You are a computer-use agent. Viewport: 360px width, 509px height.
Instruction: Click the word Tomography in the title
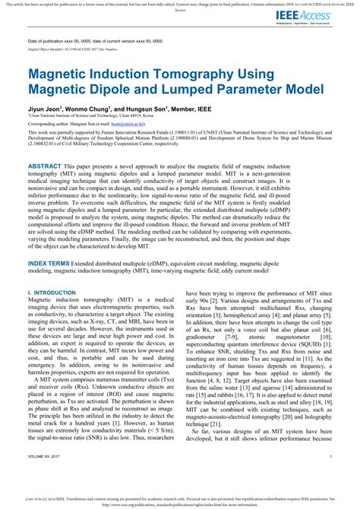pos(201,76)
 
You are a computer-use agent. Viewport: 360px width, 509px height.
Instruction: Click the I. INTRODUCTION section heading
pos(51,271)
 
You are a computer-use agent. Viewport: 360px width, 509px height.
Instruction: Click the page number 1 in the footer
pos(331,477)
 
